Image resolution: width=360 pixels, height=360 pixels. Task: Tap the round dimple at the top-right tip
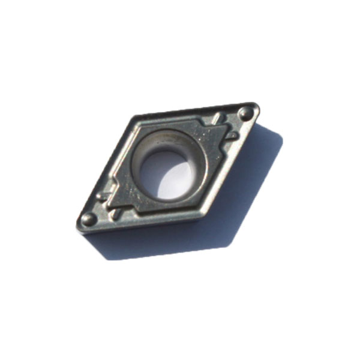tap(245, 113)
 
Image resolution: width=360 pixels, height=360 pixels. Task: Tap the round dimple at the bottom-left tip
tap(89, 219)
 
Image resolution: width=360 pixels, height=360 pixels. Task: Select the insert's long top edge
tap(192, 110)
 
